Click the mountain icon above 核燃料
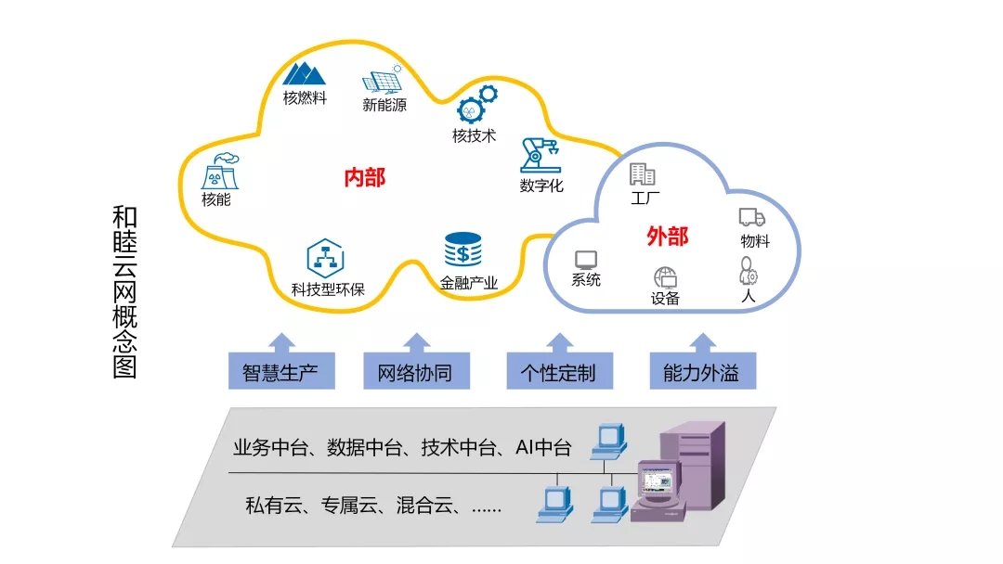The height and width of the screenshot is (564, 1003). tap(304, 74)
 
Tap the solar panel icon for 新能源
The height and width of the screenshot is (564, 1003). tap(383, 81)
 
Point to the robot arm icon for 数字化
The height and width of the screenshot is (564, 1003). tap(541, 155)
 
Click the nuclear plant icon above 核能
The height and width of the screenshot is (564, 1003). tap(220, 172)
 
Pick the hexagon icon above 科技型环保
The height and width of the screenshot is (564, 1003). tap(326, 258)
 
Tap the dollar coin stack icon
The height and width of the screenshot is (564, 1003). tap(463, 250)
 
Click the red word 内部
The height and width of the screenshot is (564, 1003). tap(365, 177)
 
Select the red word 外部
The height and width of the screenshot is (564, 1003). tap(667, 237)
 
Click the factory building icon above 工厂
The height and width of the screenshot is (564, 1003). tap(643, 173)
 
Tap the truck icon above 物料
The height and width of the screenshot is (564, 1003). tap(752, 217)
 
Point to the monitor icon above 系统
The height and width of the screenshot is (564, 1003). tap(586, 260)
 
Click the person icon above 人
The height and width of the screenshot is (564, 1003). tap(748, 271)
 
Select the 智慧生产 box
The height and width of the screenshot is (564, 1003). tap(281, 370)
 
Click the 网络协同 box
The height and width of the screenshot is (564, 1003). tap(416, 370)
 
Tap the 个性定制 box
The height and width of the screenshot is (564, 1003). tap(560, 370)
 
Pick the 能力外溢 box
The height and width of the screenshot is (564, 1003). tap(703, 370)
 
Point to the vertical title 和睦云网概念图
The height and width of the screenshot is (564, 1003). tap(124, 292)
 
